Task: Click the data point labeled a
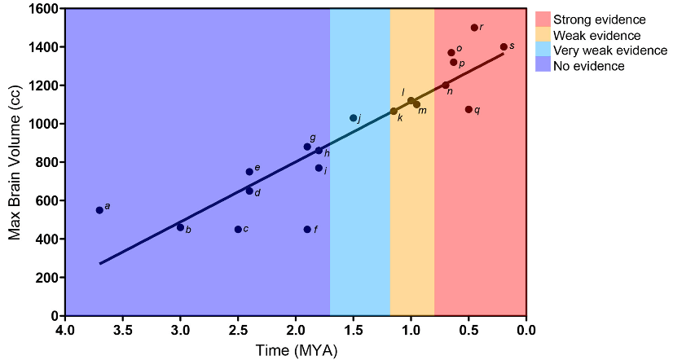(x=99, y=210)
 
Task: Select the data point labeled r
(x=474, y=28)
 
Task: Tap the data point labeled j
(x=354, y=118)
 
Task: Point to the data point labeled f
(x=307, y=230)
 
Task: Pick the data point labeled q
(x=468, y=109)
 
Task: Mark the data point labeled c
(x=238, y=230)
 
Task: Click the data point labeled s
(x=504, y=46)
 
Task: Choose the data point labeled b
(x=180, y=227)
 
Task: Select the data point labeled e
(x=249, y=172)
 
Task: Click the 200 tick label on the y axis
(x=46, y=278)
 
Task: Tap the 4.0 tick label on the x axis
(x=65, y=331)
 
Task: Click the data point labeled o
(x=451, y=52)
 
